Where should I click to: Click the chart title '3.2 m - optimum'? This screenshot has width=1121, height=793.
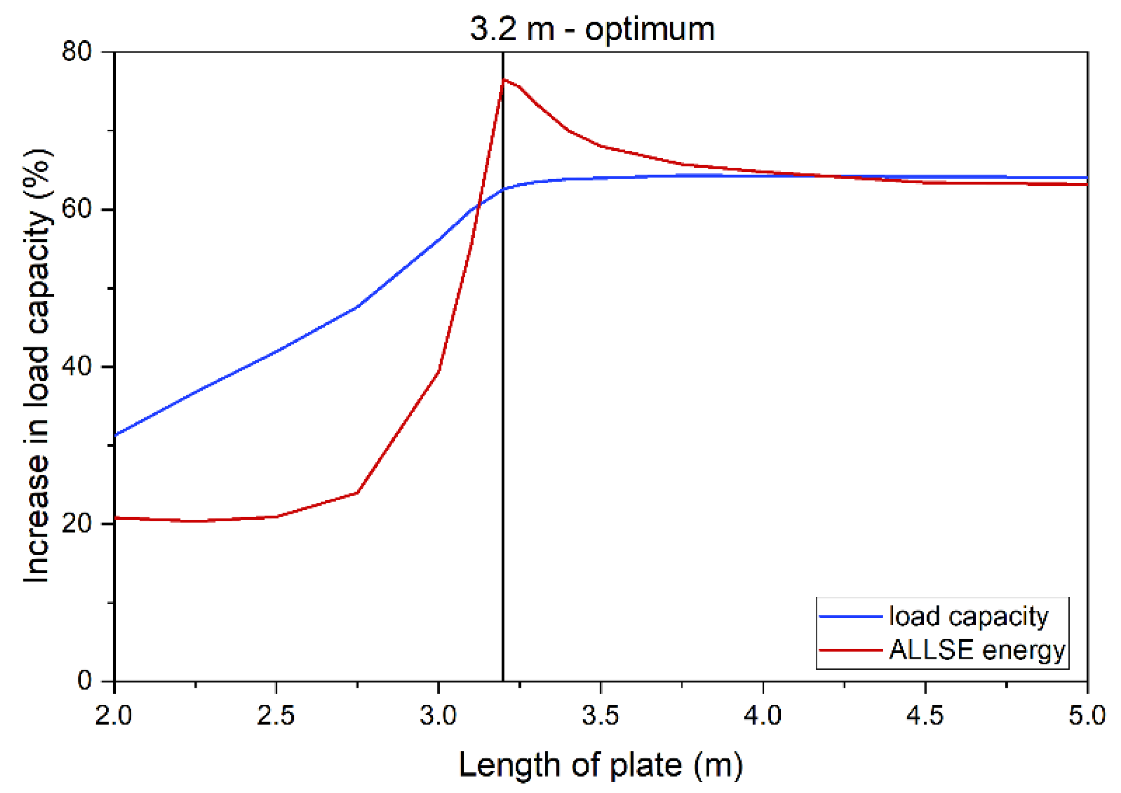point(592,29)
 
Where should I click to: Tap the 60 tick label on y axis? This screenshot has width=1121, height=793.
point(76,209)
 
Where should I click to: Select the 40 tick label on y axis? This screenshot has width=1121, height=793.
point(76,366)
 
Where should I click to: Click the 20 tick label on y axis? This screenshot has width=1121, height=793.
point(76,524)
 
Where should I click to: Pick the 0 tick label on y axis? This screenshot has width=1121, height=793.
point(84,680)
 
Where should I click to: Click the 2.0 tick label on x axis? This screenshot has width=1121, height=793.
point(114,715)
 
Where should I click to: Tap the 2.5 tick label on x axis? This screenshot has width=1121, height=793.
point(276,715)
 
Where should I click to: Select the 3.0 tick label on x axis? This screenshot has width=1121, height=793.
point(438,715)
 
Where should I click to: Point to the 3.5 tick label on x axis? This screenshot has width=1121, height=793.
point(601,715)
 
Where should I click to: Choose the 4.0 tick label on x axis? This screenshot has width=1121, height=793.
point(763,715)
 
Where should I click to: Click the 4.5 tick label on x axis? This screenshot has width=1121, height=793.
point(925,715)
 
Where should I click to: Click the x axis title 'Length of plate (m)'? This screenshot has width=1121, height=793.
point(601,765)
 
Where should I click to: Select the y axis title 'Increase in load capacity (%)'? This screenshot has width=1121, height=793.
point(37,366)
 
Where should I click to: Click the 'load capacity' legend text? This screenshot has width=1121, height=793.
point(968,616)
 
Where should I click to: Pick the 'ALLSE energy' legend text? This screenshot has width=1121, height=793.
point(976,649)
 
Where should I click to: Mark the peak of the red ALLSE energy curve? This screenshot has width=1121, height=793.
point(504,79)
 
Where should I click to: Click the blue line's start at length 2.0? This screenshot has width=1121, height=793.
point(115,435)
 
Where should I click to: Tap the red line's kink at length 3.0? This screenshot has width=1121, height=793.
point(439,370)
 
